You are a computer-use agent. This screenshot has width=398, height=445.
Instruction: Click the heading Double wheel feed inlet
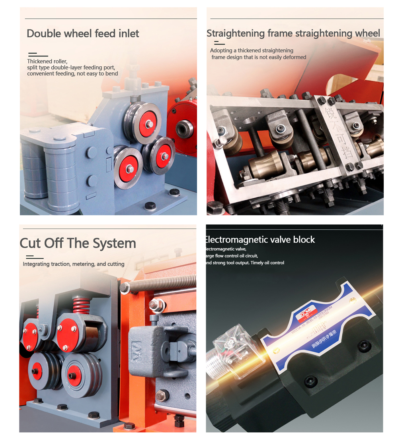83,33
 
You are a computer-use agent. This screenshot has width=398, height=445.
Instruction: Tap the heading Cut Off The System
78,243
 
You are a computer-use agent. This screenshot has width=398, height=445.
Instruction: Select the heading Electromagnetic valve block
259,240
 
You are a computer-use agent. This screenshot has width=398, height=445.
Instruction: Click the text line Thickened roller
47,61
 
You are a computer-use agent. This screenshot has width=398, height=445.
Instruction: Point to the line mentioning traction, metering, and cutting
74,264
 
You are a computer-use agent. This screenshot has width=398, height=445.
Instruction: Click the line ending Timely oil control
245,263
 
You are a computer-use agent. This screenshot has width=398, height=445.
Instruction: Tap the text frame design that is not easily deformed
259,57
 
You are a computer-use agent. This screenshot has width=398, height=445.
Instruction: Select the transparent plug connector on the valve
231,350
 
